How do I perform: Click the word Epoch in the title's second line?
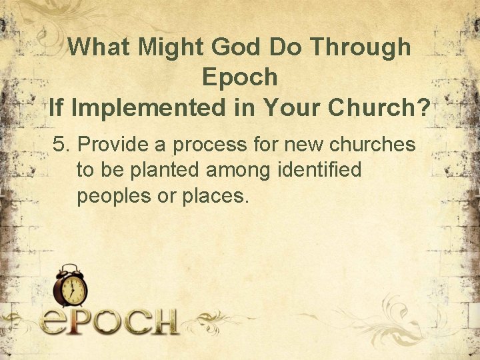(x=239, y=77)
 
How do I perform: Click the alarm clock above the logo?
(x=70, y=287)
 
